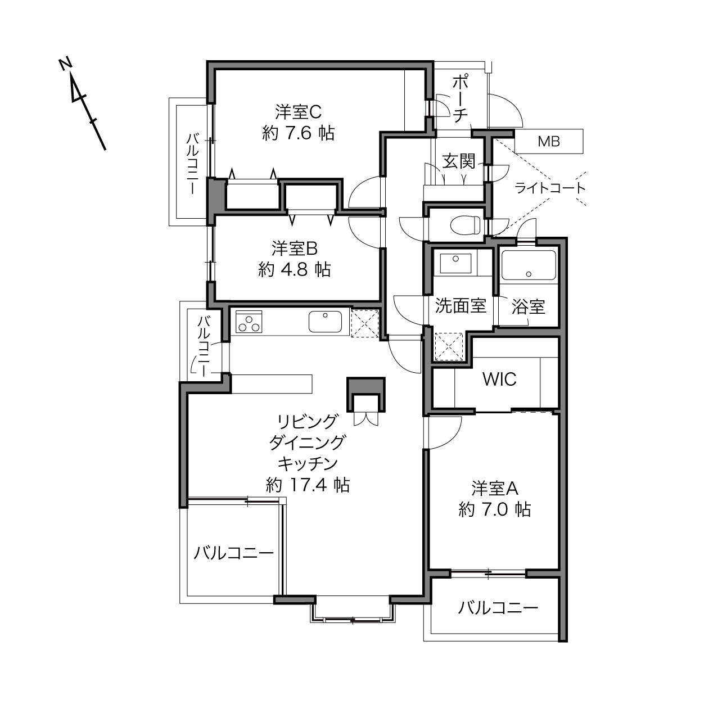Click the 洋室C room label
click(x=298, y=112)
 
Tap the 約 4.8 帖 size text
click(x=295, y=269)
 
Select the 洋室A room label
click(x=495, y=489)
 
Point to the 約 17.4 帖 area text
click(x=308, y=485)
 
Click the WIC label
click(x=499, y=379)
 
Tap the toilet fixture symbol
click(x=466, y=225)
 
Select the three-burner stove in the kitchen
click(x=249, y=322)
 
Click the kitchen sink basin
click(x=325, y=322)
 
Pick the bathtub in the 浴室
click(x=528, y=265)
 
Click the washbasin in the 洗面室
click(x=455, y=263)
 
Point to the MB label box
click(x=549, y=141)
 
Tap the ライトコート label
click(x=550, y=188)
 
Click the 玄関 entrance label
click(x=459, y=161)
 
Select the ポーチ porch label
click(x=461, y=100)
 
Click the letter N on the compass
click(x=65, y=64)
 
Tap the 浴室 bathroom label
click(x=528, y=306)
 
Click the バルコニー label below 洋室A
click(x=498, y=608)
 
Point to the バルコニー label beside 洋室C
click(x=193, y=164)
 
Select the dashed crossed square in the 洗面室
click(x=449, y=346)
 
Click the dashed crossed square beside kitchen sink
click(x=364, y=323)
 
